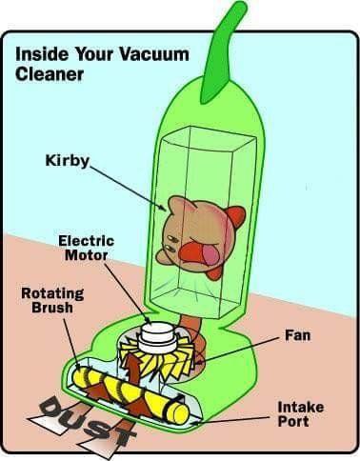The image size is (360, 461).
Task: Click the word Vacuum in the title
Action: [154, 54]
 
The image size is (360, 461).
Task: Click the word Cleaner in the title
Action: [50, 73]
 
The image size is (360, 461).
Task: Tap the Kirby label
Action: [68, 161]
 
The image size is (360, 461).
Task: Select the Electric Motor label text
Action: [86, 248]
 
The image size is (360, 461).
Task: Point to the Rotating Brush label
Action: [52, 300]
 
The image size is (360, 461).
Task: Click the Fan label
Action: [297, 335]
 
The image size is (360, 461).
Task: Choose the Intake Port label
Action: [301, 414]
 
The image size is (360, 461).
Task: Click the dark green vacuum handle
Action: [223, 52]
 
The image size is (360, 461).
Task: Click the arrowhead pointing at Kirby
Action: [162, 208]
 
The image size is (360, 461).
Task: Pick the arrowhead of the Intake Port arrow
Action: [194, 423]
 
